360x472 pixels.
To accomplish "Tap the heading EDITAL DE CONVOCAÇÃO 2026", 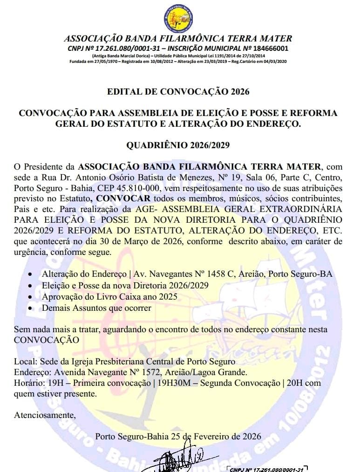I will point(178,91).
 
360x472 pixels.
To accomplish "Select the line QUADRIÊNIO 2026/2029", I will point(178,145).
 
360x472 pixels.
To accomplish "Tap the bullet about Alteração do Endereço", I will point(187,274).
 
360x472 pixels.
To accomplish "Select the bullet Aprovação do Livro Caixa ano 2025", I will point(109,296).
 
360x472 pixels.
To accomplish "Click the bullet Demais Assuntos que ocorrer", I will point(96,308).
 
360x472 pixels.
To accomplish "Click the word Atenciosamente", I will point(44,414).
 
